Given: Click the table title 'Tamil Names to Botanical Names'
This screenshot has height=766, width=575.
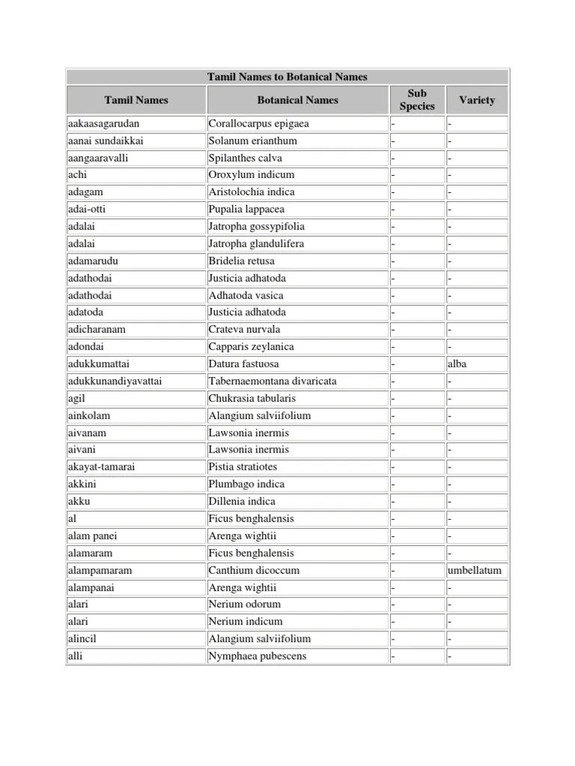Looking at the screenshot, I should (x=287, y=77).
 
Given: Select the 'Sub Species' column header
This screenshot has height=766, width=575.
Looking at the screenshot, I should (x=417, y=99).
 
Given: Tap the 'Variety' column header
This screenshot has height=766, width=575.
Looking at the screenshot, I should (x=477, y=99).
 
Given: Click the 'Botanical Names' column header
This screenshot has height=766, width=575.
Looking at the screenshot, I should (x=297, y=99).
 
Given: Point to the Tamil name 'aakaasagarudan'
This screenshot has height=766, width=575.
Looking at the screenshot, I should (x=103, y=123).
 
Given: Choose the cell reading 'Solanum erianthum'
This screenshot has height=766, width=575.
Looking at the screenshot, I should (x=253, y=141).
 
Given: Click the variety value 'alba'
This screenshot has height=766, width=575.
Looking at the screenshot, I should (x=457, y=364).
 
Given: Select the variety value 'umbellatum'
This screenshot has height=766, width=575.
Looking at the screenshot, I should (x=475, y=570).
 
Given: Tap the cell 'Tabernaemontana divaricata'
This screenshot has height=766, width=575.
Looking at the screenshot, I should (x=273, y=381).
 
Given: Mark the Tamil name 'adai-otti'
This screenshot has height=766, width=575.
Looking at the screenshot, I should (x=87, y=209).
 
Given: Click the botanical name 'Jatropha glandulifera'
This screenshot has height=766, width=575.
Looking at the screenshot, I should (x=257, y=243).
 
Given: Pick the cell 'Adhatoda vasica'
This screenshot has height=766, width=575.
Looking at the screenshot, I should (x=246, y=295).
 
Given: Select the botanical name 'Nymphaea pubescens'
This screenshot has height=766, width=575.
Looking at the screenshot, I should (x=258, y=656).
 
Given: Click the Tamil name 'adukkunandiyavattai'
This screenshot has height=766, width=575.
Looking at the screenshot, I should (x=115, y=381).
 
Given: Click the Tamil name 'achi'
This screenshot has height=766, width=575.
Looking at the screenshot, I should (x=77, y=175).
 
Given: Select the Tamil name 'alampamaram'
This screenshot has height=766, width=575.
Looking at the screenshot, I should (x=100, y=570).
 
